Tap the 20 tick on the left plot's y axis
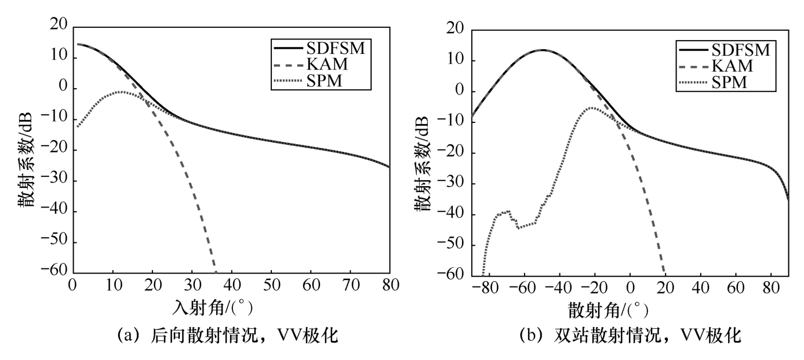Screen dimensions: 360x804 (x=59, y=27)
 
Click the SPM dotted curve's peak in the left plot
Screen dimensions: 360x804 (x=122, y=92)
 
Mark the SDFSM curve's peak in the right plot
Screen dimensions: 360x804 (x=543, y=50)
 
